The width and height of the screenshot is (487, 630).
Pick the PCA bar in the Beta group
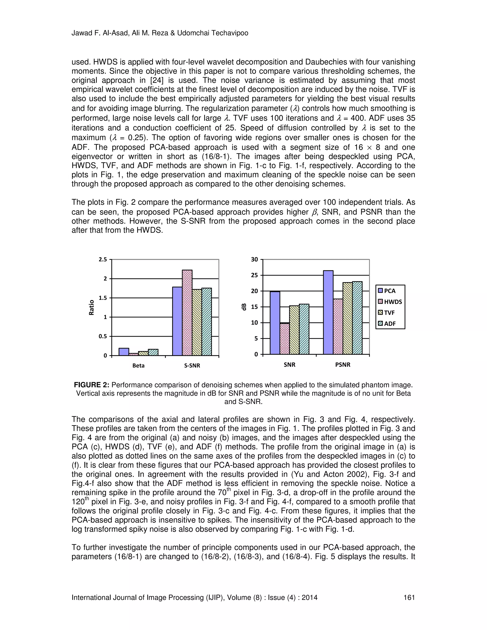[x=124, y=352]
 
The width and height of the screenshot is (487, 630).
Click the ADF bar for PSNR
[x=357, y=318]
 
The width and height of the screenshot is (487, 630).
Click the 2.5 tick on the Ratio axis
[x=103, y=259]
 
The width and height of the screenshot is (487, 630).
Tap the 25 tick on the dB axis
[x=254, y=275]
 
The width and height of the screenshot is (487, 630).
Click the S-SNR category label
[x=192, y=366]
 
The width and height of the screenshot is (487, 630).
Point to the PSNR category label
[x=342, y=365]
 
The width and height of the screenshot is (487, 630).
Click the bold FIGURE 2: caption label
[x=92, y=385]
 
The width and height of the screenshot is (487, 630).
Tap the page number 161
[x=409, y=597]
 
